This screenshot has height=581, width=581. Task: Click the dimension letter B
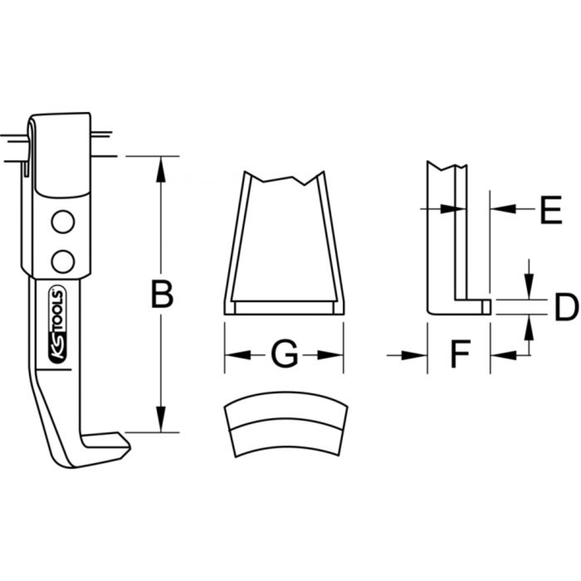pyautogui.click(x=162, y=295)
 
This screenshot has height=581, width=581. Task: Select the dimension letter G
pyautogui.click(x=284, y=354)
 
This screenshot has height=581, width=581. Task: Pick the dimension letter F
pyautogui.click(x=460, y=354)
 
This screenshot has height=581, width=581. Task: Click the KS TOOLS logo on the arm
pyautogui.click(x=61, y=328)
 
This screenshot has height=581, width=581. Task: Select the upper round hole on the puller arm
pyautogui.click(x=62, y=222)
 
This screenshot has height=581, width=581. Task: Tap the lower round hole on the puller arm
pyautogui.click(x=62, y=260)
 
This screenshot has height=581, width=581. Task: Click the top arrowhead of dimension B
pyautogui.click(x=162, y=166)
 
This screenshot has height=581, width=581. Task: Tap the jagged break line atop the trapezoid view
pyautogui.click(x=283, y=178)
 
